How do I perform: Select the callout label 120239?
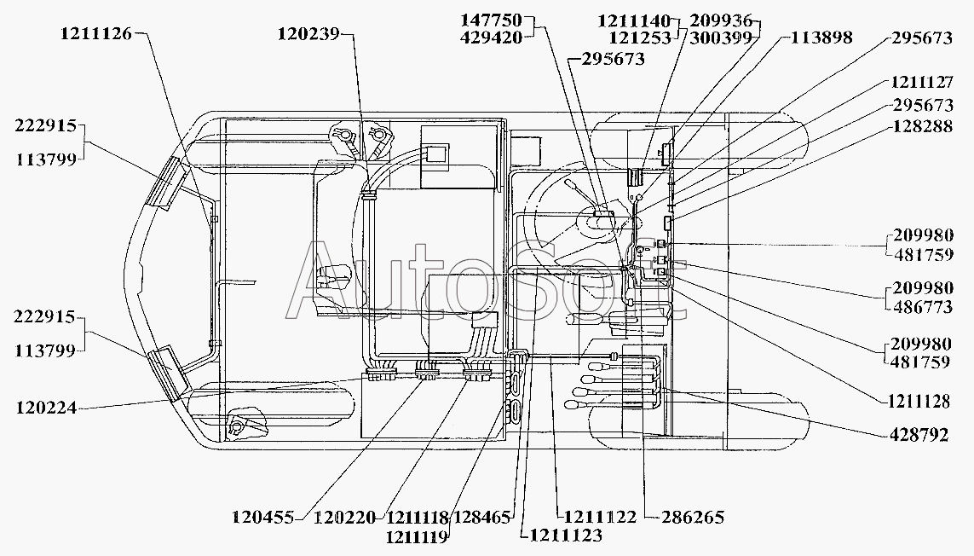click(308, 34)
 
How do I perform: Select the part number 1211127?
click(922, 84)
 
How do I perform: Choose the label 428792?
click(919, 435)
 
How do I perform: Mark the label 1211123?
click(565, 536)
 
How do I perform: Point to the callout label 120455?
click(263, 517)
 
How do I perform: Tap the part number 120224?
click(45, 408)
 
